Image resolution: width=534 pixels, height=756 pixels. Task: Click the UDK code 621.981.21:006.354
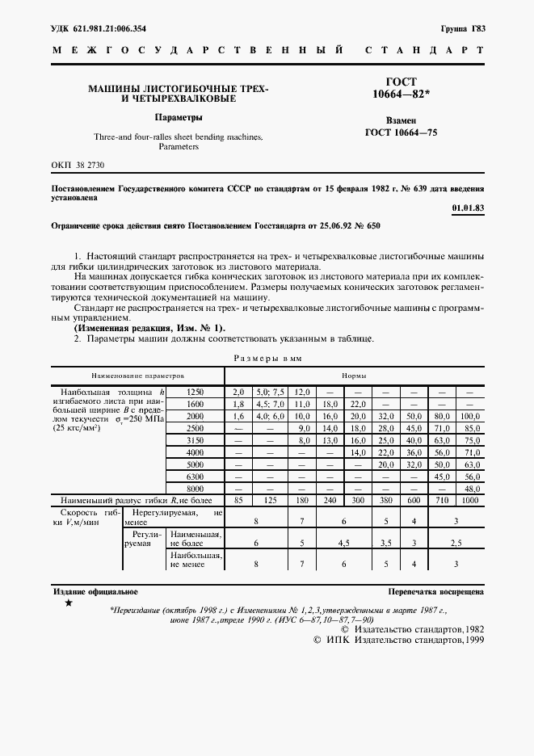(99, 28)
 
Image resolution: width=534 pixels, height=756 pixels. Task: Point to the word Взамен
(401, 119)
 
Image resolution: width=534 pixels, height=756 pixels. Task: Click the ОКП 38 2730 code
(78, 164)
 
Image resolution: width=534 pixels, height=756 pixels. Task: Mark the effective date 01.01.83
(469, 208)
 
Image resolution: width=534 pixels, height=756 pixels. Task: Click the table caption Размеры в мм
(267, 358)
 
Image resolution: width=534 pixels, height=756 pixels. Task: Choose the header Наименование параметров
(138, 376)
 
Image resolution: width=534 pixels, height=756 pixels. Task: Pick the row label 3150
(195, 440)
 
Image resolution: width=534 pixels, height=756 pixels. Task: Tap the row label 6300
(195, 477)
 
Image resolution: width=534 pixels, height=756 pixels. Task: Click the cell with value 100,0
(471, 415)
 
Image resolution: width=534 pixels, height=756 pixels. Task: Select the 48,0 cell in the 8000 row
(471, 489)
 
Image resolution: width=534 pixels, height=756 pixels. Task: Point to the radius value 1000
(471, 502)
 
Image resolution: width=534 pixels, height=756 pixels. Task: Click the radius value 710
(442, 502)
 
